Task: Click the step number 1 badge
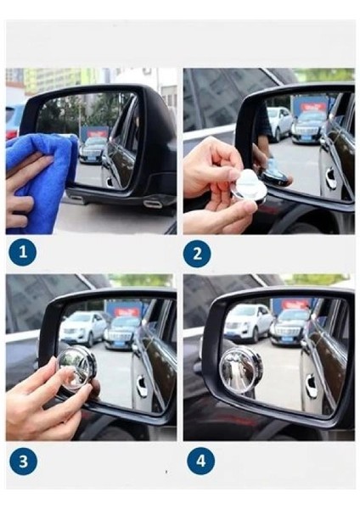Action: pyautogui.click(x=23, y=252)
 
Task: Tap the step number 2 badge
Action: pyautogui.click(x=197, y=254)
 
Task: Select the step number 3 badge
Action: pyautogui.click(x=24, y=461)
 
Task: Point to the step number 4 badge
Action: pyautogui.click(x=200, y=461)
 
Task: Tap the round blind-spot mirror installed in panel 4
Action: pyautogui.click(x=240, y=370)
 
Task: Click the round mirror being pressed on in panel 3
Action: pyautogui.click(x=76, y=368)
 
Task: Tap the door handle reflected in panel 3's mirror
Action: pyautogui.click(x=142, y=385)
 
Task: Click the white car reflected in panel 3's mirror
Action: pyautogui.click(x=82, y=328)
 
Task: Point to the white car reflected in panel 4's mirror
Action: pyautogui.click(x=248, y=323)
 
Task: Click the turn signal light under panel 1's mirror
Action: pyautogui.click(x=151, y=204)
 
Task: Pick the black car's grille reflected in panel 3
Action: pyautogui.click(x=120, y=336)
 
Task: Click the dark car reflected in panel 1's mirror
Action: pyautogui.click(x=92, y=151)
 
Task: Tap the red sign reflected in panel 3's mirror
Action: pyautogui.click(x=127, y=312)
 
